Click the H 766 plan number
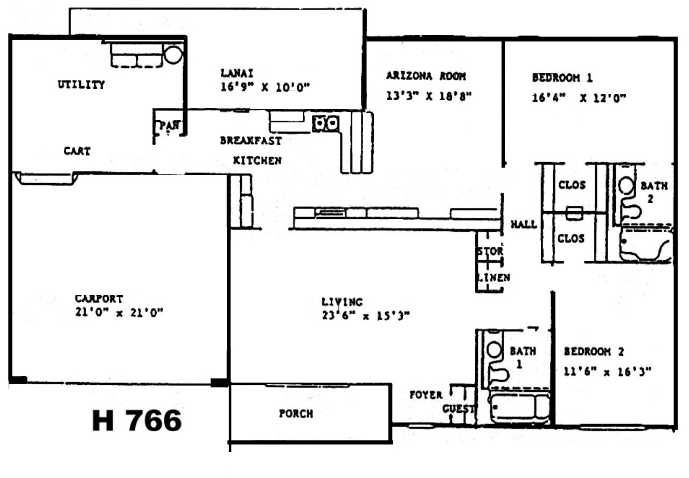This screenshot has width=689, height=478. (137, 421)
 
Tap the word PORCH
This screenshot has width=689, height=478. (296, 414)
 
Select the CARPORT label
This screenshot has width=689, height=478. (99, 299)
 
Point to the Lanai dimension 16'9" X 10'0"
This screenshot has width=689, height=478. (265, 87)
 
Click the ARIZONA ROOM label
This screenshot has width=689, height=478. (426, 76)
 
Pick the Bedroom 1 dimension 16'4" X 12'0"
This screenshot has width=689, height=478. (579, 98)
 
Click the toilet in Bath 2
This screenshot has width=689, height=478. (628, 197)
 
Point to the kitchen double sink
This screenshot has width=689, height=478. (326, 123)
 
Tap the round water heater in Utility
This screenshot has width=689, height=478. (173, 54)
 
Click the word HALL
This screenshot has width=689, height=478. (524, 224)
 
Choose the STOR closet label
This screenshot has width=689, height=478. (490, 251)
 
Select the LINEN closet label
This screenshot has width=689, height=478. (493, 278)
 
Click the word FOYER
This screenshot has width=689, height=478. (426, 395)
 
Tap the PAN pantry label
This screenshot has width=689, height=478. (169, 125)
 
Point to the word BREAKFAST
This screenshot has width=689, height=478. (250, 141)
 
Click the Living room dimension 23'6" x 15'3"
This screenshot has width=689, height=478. (366, 316)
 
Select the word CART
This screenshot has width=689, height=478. (77, 151)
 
